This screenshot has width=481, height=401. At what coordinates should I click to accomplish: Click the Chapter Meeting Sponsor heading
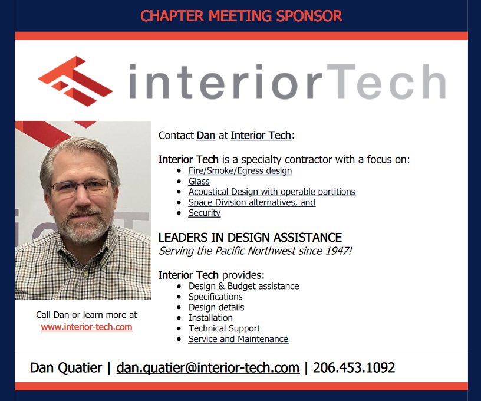(x=241, y=16)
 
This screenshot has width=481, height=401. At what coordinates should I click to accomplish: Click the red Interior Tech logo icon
(x=75, y=81)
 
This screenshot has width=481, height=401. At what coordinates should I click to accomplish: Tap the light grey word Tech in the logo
(x=386, y=81)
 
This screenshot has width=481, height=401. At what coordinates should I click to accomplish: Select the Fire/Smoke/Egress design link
(x=240, y=170)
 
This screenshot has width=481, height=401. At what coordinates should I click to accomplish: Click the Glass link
(x=199, y=181)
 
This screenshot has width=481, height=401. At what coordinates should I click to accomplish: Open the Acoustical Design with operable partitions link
(x=272, y=192)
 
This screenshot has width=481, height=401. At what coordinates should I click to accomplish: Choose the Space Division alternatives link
(x=252, y=202)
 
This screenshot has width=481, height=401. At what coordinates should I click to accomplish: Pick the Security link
(x=205, y=213)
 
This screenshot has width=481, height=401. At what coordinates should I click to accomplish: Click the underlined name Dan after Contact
(x=206, y=135)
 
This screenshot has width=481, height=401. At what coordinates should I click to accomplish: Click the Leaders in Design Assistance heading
(x=250, y=238)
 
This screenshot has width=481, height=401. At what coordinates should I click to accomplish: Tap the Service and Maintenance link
(x=238, y=339)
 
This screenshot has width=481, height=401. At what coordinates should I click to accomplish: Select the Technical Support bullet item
(x=224, y=328)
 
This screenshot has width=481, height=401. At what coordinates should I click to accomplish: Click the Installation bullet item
(x=210, y=318)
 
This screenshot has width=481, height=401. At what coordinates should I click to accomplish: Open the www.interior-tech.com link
(x=87, y=327)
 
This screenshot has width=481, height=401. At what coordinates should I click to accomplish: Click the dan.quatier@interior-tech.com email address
(x=208, y=367)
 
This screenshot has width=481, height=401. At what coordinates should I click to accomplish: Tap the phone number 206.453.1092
(x=354, y=367)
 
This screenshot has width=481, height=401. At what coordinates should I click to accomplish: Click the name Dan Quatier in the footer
(x=65, y=367)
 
